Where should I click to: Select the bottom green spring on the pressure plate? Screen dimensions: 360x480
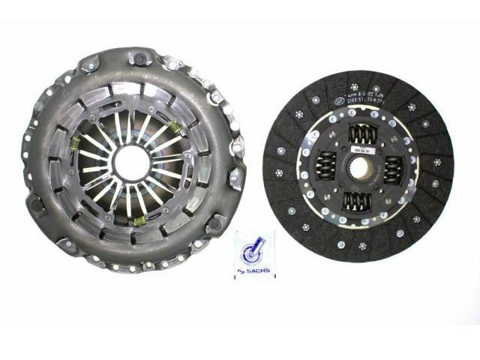[x=139, y=220]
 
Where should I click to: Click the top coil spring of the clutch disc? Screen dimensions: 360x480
[x=363, y=134]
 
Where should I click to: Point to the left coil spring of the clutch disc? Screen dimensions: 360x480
[x=325, y=165]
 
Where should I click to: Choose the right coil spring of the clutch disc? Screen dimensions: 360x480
[x=394, y=171]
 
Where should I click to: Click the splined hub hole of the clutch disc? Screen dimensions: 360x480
[x=358, y=169]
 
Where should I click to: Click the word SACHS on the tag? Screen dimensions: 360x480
[x=259, y=271]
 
